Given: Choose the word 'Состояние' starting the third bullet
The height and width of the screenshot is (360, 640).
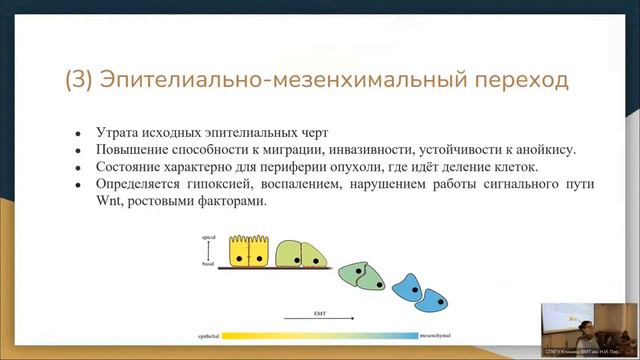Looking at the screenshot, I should tap(131, 167).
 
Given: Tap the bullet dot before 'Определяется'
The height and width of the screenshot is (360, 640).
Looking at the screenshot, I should tap(78, 185).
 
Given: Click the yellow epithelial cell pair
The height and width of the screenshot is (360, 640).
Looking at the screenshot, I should tap(251, 253).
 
